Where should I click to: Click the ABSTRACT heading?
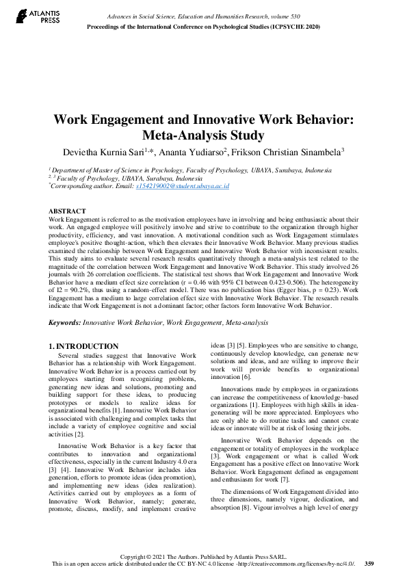pos(67,211)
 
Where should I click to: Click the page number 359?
pos(369,564)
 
